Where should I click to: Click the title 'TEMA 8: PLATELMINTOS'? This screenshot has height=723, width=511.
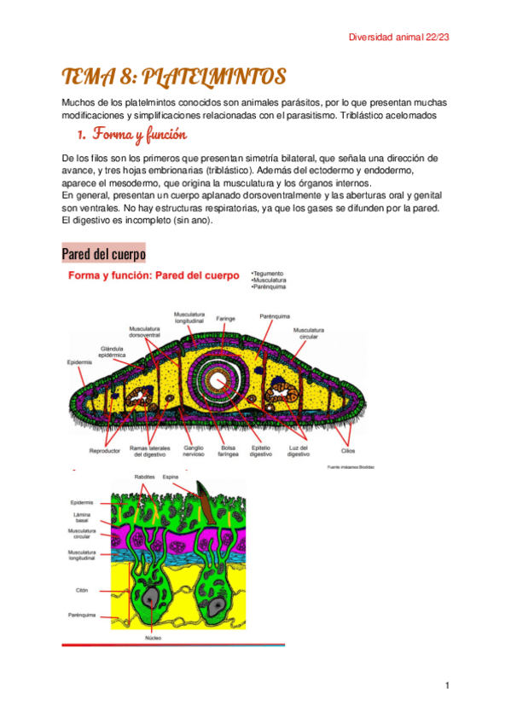coord(173,78)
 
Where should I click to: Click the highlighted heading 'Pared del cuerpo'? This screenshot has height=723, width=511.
coord(103,254)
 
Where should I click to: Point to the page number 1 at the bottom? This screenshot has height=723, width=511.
coord(445,685)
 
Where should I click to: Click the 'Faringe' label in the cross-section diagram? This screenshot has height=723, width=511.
coord(226,318)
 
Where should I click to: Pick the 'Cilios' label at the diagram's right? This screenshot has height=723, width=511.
coord(347,449)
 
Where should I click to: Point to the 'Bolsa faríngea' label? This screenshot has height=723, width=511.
coord(229,450)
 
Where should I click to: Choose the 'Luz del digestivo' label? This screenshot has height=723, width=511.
coord(298,450)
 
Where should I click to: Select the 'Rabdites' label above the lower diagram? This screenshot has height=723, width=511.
coord(144,477)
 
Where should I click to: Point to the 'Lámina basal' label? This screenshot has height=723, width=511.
coord(82,518)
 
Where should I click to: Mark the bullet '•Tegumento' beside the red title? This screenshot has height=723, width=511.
coord(270,274)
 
